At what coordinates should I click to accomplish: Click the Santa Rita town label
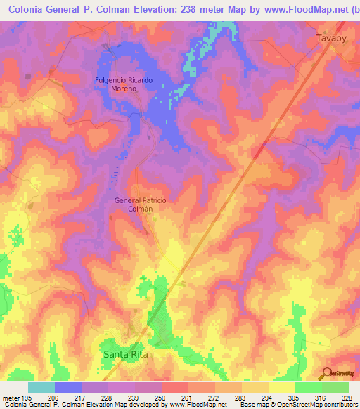click(127, 355)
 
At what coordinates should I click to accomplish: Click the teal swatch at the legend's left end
click(41, 387)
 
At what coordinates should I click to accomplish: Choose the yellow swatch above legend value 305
click(281, 387)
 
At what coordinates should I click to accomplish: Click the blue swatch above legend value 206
click(68, 387)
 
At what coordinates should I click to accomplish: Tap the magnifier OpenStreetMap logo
click(327, 372)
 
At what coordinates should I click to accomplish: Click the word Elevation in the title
click(143, 10)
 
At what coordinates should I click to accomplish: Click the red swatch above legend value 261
click(175, 387)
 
